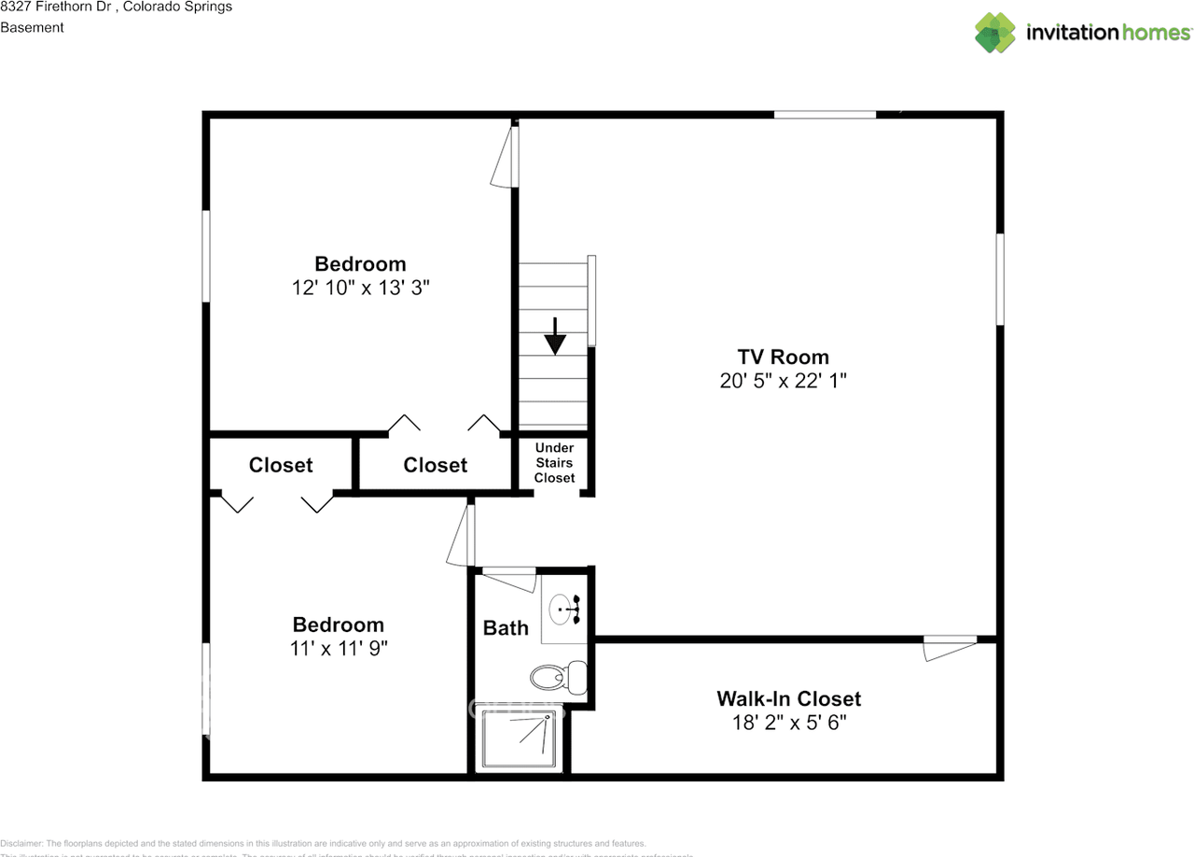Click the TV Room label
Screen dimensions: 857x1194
pyautogui.click(x=783, y=357)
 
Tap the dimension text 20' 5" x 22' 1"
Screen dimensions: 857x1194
pyautogui.click(x=783, y=381)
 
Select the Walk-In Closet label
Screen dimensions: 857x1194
pyautogui.click(x=788, y=698)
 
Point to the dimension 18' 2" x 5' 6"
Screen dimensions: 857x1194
pyautogui.click(x=788, y=723)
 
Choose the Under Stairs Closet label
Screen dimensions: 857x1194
pyautogui.click(x=554, y=463)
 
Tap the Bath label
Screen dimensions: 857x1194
pyautogui.click(x=506, y=628)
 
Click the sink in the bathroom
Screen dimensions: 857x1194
pyautogui.click(x=564, y=609)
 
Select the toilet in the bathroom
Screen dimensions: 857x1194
pyautogui.click(x=558, y=674)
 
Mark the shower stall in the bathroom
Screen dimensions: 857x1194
pyautogui.click(x=521, y=739)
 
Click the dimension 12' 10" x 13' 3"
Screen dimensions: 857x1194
pyautogui.click(x=360, y=288)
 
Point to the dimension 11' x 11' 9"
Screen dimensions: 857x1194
pyautogui.click(x=339, y=649)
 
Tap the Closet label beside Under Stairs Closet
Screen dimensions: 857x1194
pyautogui.click(x=436, y=465)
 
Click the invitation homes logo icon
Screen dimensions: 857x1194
pyautogui.click(x=995, y=33)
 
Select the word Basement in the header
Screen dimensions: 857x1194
pyautogui.click(x=32, y=27)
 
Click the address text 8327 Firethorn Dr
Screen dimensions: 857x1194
pyautogui.click(x=56, y=7)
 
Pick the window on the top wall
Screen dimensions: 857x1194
pyautogui.click(x=825, y=115)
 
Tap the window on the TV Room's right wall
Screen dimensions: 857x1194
pyautogui.click(x=1000, y=278)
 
